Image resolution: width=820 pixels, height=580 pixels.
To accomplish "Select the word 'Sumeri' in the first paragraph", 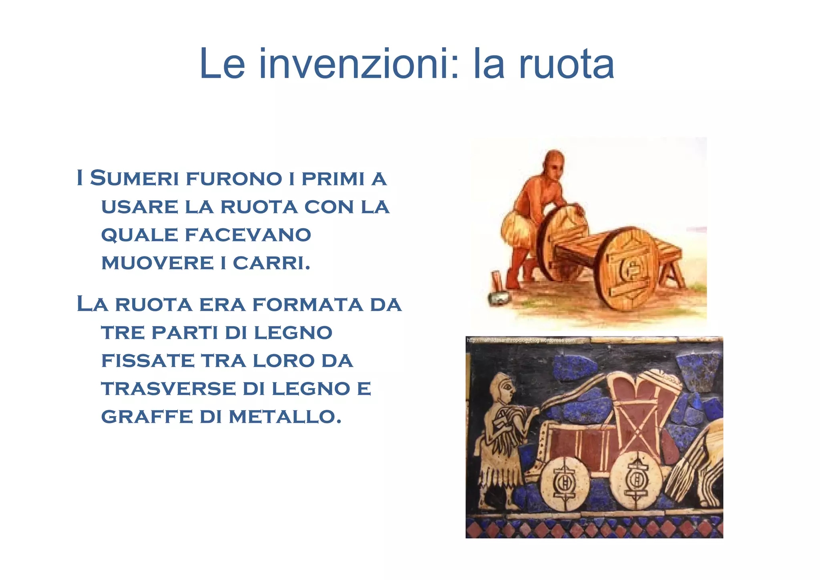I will point(134,178).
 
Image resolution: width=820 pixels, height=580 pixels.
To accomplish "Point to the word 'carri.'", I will point(271,263).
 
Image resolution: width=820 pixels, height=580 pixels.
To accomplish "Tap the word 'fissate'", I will point(147,360).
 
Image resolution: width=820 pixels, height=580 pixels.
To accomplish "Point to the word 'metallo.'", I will point(285,417).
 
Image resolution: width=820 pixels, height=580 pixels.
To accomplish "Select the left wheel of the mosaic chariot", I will point(565,483).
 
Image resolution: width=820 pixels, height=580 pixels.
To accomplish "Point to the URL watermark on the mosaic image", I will point(521,340).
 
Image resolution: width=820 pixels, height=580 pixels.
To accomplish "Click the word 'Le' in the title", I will point(221,64).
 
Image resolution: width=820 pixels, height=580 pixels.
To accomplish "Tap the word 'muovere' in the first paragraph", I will point(157,263).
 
